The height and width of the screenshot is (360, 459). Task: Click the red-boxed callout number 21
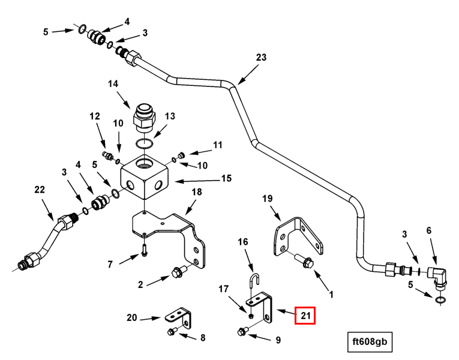click(305, 314)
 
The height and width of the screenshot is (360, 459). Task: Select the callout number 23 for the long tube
click(260, 58)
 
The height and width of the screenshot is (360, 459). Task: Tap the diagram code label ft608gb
click(371, 343)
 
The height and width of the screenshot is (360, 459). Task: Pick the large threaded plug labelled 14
click(145, 116)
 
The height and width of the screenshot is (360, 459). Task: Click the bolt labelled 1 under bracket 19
click(304, 262)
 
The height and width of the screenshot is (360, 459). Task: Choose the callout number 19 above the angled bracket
click(268, 198)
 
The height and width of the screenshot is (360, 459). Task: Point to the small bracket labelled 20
click(178, 314)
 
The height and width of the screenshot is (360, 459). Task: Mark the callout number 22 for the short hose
click(40, 190)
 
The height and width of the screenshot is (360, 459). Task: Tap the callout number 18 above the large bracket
click(197, 192)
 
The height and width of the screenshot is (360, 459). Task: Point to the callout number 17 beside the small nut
click(224, 289)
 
